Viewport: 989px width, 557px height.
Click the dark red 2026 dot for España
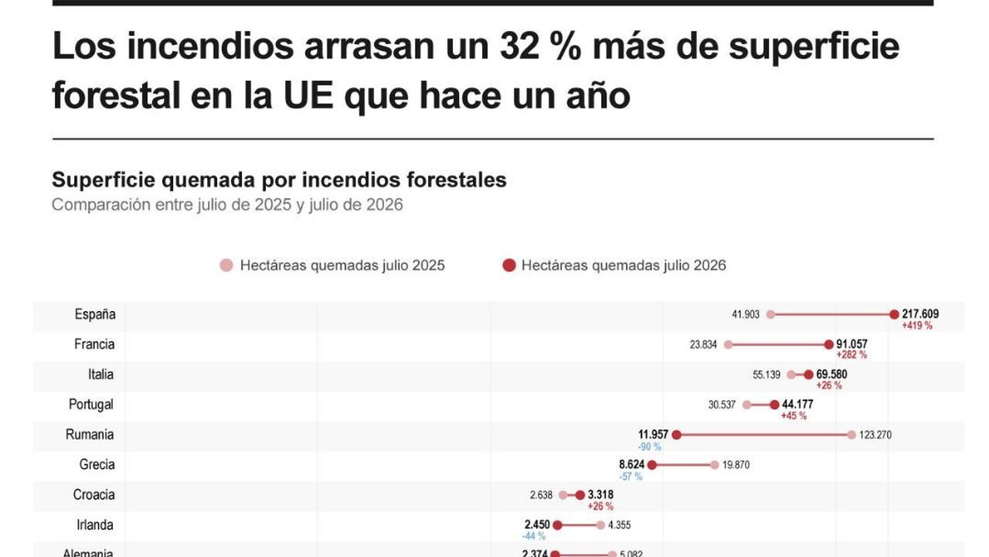(894, 314)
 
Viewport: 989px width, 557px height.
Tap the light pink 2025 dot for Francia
(728, 344)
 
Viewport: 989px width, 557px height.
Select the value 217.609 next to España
(920, 314)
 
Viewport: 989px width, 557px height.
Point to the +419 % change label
(917, 326)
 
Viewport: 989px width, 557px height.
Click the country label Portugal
(91, 405)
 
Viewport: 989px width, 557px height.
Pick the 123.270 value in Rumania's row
(875, 435)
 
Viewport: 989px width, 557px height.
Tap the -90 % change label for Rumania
(650, 447)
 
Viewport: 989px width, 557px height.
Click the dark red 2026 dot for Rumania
(676, 435)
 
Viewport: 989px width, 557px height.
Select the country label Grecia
(97, 464)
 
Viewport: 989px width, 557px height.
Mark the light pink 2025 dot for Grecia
(715, 465)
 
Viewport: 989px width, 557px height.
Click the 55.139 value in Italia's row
(766, 375)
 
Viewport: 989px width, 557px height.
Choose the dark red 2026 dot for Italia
(808, 375)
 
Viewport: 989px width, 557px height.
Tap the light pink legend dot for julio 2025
(226, 265)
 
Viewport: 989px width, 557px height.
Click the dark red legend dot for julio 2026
(509, 265)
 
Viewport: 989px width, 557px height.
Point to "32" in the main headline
(519, 46)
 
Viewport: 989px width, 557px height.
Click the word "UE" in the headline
(308, 95)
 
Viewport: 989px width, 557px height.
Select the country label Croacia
(93, 494)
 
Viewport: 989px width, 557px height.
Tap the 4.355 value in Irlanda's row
(620, 525)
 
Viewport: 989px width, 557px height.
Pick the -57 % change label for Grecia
(630, 477)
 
